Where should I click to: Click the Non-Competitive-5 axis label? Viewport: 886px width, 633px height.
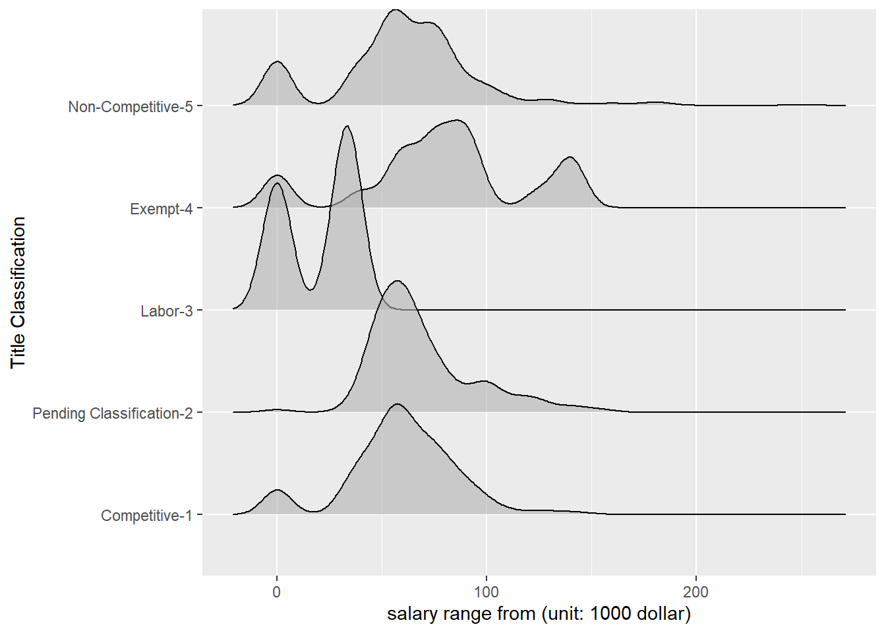(x=130, y=107)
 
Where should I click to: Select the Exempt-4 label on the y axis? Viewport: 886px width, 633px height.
(x=161, y=209)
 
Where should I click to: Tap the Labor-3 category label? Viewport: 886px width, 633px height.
(x=166, y=311)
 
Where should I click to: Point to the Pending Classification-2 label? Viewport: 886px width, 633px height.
(x=112, y=413)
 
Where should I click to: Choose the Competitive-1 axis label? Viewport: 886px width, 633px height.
(x=146, y=516)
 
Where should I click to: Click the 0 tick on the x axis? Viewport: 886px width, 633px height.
(x=277, y=591)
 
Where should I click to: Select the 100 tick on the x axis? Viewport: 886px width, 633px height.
(x=487, y=591)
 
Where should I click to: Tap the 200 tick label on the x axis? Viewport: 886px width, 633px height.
(x=696, y=591)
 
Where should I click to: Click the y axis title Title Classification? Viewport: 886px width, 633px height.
(x=18, y=292)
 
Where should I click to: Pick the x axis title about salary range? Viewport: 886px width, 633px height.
(x=539, y=614)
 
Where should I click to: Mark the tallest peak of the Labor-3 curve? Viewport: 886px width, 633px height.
(x=347, y=126)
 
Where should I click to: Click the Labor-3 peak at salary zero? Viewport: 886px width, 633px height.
(x=278, y=183)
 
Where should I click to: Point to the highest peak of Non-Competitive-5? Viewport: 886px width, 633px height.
(x=395, y=10)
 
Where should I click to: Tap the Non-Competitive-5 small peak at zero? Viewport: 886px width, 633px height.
(x=278, y=61)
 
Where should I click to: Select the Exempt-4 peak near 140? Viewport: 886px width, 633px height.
(x=570, y=157)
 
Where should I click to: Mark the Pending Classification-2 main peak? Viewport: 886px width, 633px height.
(x=398, y=281)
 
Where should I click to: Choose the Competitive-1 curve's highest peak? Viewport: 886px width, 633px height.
(x=397, y=404)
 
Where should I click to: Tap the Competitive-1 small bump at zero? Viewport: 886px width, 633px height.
(x=278, y=490)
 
